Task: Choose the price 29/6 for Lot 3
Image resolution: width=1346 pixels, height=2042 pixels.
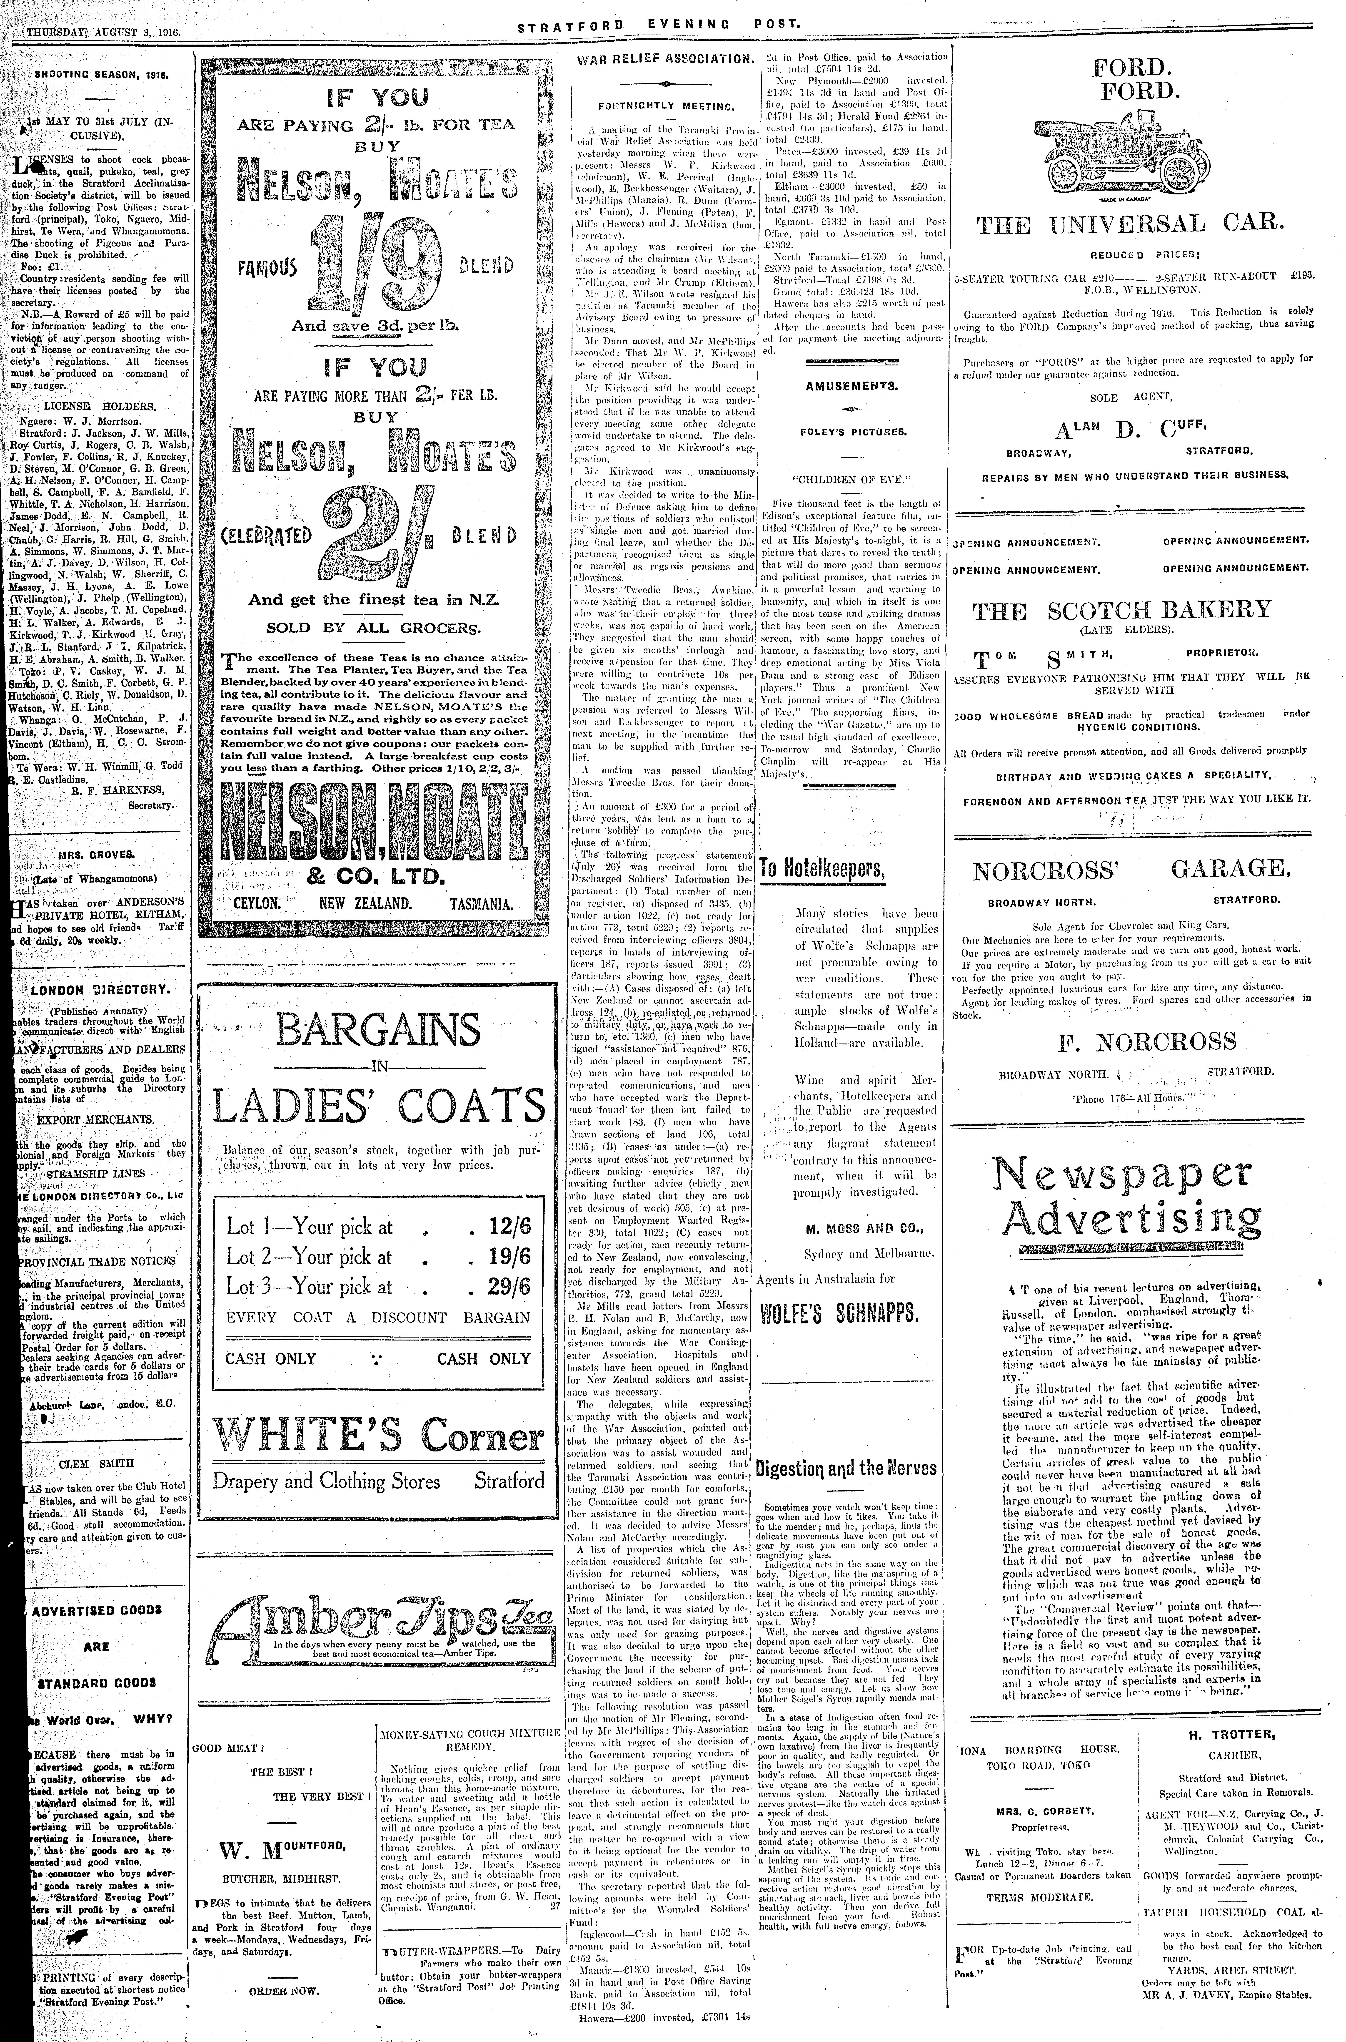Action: pyautogui.click(x=510, y=1286)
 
